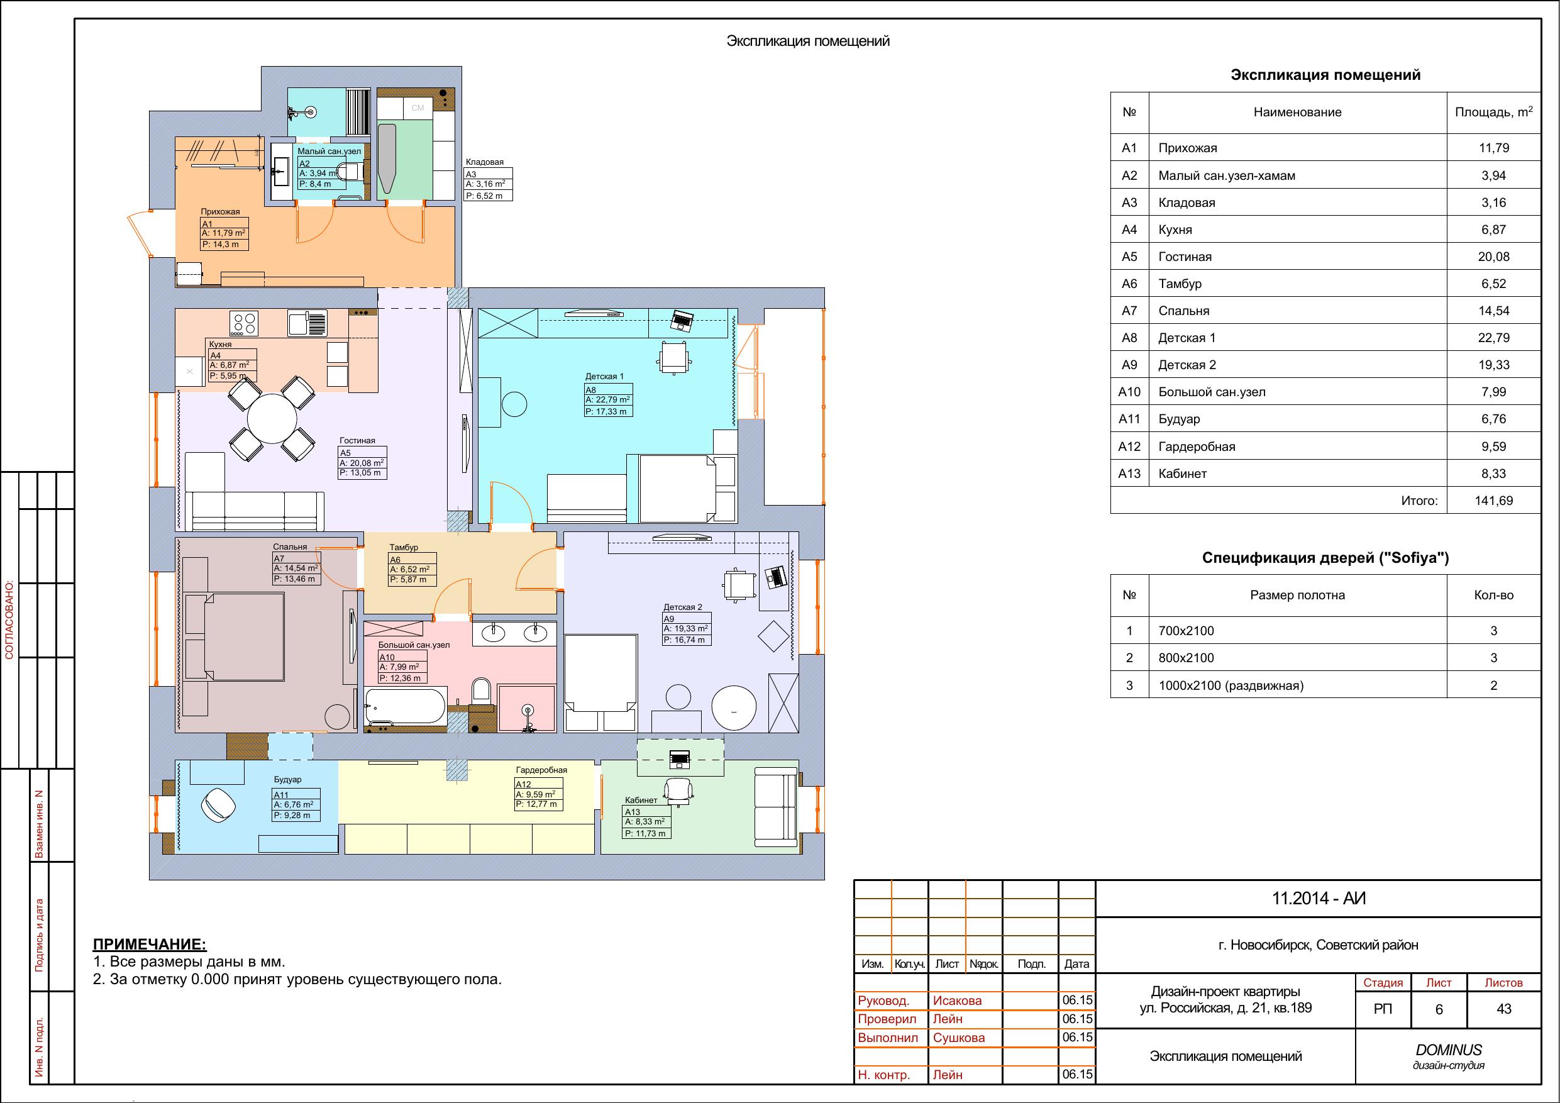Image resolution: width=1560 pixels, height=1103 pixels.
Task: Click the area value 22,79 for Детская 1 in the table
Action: point(1493,338)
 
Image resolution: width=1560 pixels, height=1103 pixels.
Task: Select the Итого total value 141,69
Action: point(1493,501)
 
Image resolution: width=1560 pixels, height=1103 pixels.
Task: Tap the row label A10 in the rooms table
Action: point(1129,392)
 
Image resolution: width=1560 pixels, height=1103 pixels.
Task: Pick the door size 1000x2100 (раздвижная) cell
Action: point(1231,685)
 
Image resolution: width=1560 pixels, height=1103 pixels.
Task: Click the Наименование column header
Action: point(1297,112)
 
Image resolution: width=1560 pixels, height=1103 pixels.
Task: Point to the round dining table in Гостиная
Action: point(272,419)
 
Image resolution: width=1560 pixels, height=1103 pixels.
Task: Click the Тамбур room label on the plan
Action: point(404,547)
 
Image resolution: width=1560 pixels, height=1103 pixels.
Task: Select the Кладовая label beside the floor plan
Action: point(484,162)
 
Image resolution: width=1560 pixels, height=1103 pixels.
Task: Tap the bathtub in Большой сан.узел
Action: point(406,706)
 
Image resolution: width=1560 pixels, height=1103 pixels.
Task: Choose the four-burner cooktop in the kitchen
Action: point(244,323)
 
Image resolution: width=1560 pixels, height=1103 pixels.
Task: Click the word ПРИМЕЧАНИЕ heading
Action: point(150,944)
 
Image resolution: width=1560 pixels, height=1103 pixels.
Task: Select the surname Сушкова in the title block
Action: point(959,1038)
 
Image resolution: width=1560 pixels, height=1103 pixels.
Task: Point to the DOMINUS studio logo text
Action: point(1449,1050)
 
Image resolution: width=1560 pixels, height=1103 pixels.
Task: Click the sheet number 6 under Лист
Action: point(1439,1010)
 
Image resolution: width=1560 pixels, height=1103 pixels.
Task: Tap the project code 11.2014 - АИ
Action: point(1318,899)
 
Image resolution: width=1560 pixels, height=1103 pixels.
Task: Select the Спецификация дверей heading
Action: point(1325,558)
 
